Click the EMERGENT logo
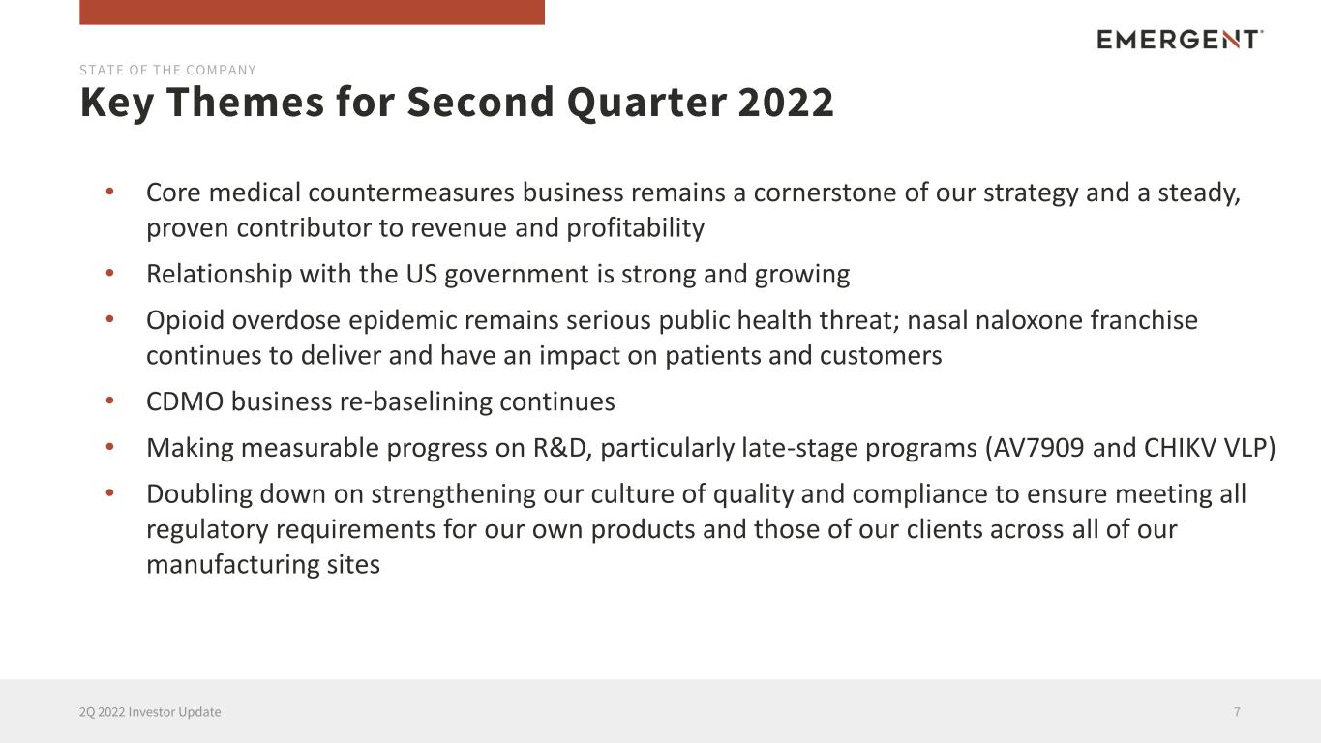point(1180,40)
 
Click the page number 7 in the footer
point(1237,712)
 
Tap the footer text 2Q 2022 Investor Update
point(150,712)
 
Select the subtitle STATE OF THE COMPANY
point(167,71)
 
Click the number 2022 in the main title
point(786,102)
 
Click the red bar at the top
point(312,12)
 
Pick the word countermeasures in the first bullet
point(411,193)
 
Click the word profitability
point(635,228)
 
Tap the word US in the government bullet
point(421,274)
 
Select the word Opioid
point(185,321)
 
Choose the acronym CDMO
point(185,402)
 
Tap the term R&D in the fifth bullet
point(562,448)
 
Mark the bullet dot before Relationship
point(109,273)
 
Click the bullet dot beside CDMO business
point(109,401)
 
